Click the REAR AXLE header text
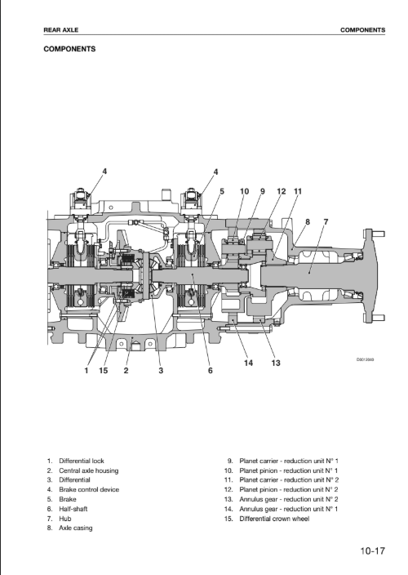click(x=61, y=30)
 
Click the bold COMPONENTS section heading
click(x=69, y=49)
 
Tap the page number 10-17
click(x=372, y=550)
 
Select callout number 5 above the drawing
click(x=222, y=191)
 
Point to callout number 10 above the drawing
click(x=244, y=191)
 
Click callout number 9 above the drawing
click(x=262, y=191)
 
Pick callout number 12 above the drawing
click(x=282, y=191)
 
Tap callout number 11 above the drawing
click(x=298, y=191)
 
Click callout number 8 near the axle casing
click(x=308, y=222)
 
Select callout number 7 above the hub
click(x=326, y=222)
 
